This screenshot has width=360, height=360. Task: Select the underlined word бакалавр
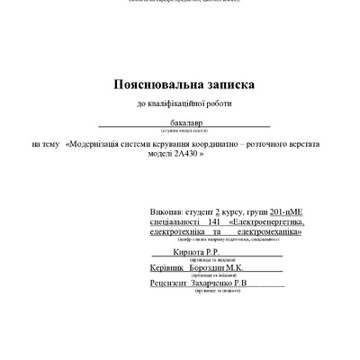pos(184,120)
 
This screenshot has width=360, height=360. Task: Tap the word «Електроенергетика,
pos(266,220)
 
